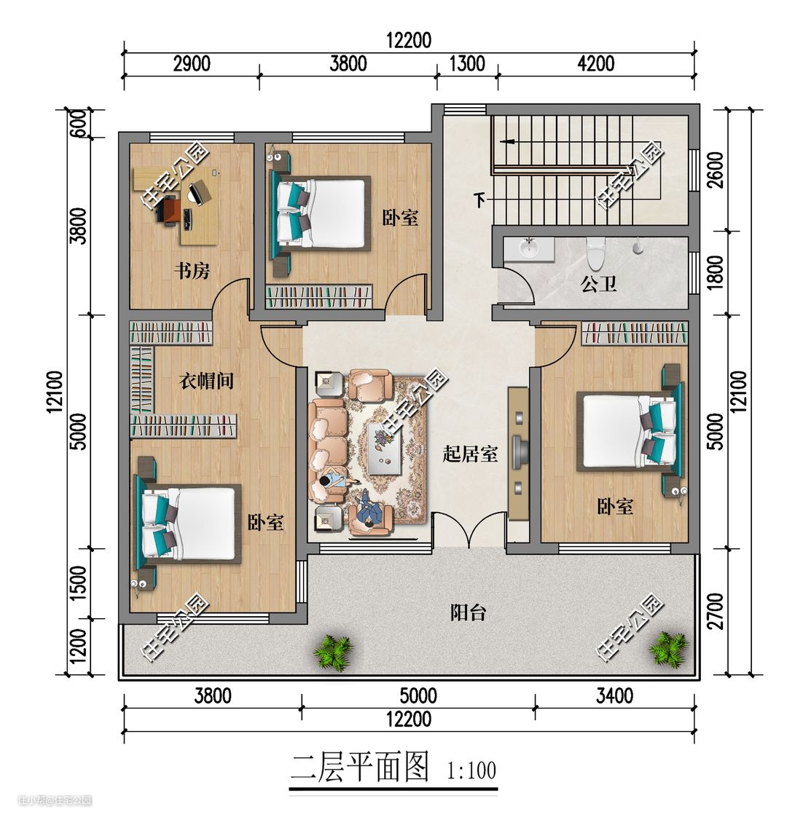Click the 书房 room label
click(192, 271)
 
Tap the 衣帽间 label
click(206, 380)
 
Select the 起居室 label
click(469, 454)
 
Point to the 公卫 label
click(598, 284)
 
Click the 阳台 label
click(468, 612)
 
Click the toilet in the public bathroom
click(595, 252)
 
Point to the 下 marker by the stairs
click(479, 200)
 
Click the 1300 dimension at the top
click(467, 63)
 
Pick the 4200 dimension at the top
click(596, 63)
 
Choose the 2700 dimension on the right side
click(716, 612)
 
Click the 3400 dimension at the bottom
click(614, 696)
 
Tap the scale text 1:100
click(471, 771)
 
